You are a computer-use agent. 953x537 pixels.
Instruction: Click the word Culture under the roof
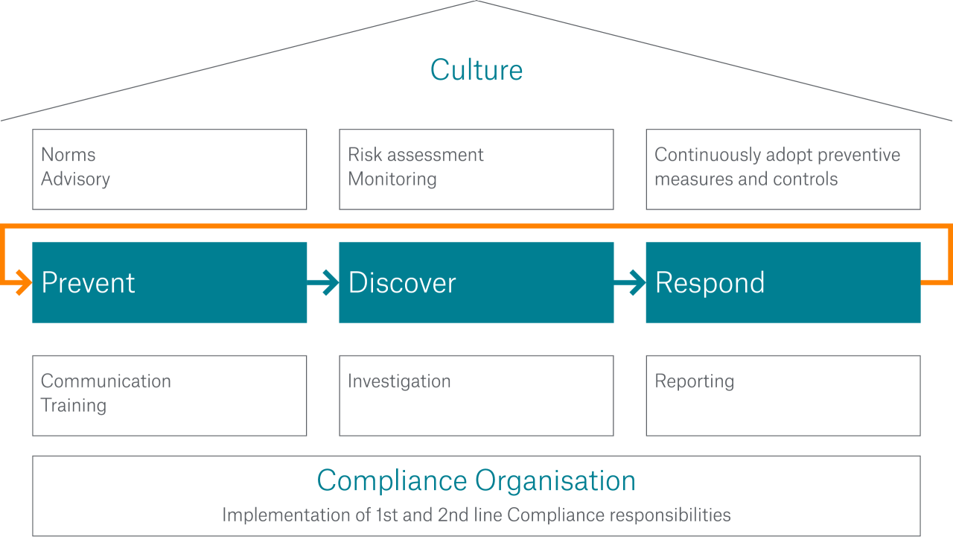point(476,70)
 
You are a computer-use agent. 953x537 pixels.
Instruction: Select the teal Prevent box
point(169,282)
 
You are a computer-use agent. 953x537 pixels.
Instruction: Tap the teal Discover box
point(476,282)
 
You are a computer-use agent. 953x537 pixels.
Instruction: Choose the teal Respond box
point(783,282)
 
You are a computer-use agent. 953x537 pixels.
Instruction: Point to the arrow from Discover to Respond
point(631,282)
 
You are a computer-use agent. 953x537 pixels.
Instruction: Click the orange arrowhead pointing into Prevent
point(24,283)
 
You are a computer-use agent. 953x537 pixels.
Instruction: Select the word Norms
point(68,155)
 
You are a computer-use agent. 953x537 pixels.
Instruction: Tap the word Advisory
point(75,179)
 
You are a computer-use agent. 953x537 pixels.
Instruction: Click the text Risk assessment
point(415,155)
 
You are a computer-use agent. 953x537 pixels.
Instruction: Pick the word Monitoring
point(392,179)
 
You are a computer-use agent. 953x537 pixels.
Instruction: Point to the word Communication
point(106,381)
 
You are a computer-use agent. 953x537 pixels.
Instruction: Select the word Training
point(74,406)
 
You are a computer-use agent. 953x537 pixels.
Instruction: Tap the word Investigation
point(399,381)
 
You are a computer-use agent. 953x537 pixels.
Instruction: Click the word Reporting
point(694,381)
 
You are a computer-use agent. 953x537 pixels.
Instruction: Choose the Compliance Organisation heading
point(476,480)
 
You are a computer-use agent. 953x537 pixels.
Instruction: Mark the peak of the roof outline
point(476,1)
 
